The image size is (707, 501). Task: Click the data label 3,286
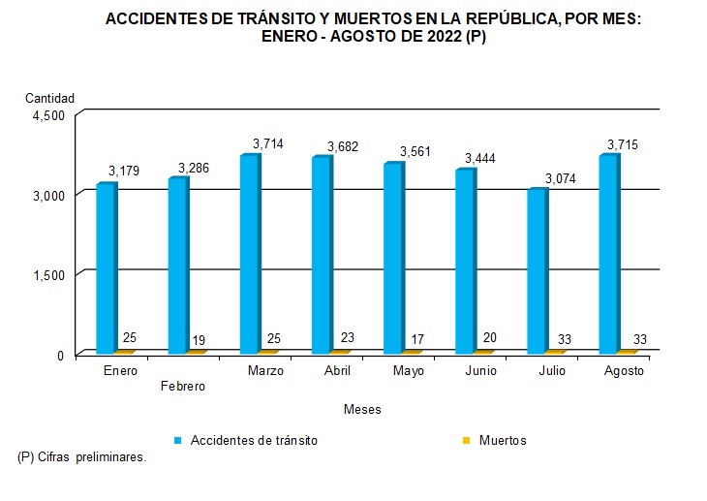(x=194, y=168)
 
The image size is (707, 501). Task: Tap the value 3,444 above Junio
(x=485, y=158)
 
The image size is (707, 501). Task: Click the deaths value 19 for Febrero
(x=200, y=339)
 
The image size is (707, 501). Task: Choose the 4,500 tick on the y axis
(x=47, y=114)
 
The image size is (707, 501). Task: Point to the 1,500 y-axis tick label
(x=47, y=274)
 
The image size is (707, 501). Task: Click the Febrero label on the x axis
(x=182, y=386)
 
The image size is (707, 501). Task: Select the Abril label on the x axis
(x=337, y=371)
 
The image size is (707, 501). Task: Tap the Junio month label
(x=481, y=371)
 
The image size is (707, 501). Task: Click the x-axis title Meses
(x=362, y=410)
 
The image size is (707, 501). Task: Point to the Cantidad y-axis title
(x=49, y=98)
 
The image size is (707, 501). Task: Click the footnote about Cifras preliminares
(x=82, y=456)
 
